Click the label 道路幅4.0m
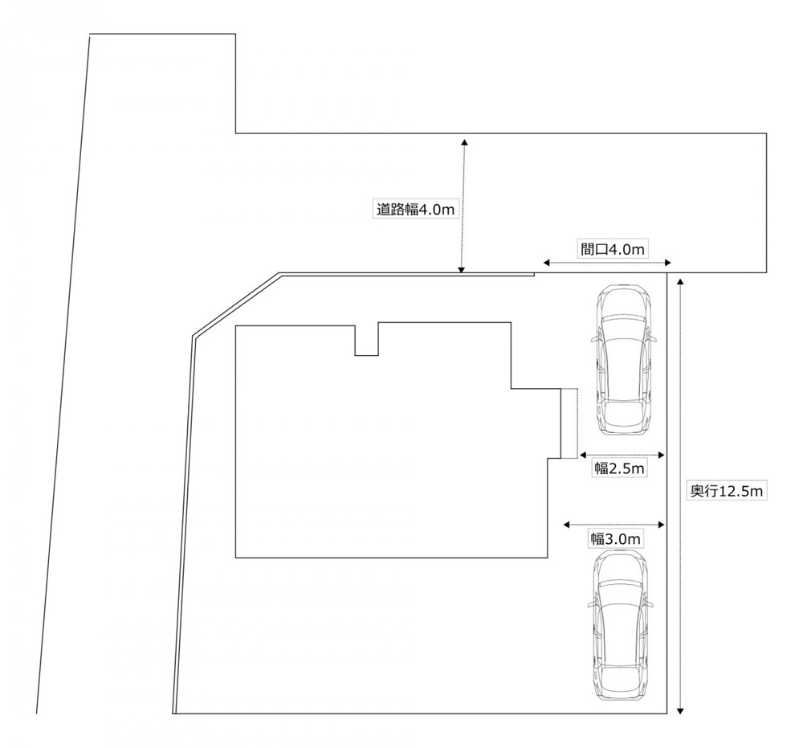[x=415, y=210]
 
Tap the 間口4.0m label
[x=613, y=250]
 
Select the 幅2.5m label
[x=619, y=468]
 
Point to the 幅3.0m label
[x=615, y=539]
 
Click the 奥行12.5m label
[x=726, y=492]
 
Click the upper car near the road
[x=624, y=360]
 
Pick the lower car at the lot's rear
[x=622, y=625]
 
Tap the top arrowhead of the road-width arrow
[x=464, y=141]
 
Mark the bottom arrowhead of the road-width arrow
[x=462, y=269]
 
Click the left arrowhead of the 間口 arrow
[x=546, y=263]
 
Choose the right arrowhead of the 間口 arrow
[x=667, y=263]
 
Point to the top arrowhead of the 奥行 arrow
[x=679, y=280]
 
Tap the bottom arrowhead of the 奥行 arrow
[x=679, y=710]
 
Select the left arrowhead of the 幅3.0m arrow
[x=566, y=525]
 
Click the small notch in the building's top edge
[x=367, y=339]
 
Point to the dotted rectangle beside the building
[x=569, y=423]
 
